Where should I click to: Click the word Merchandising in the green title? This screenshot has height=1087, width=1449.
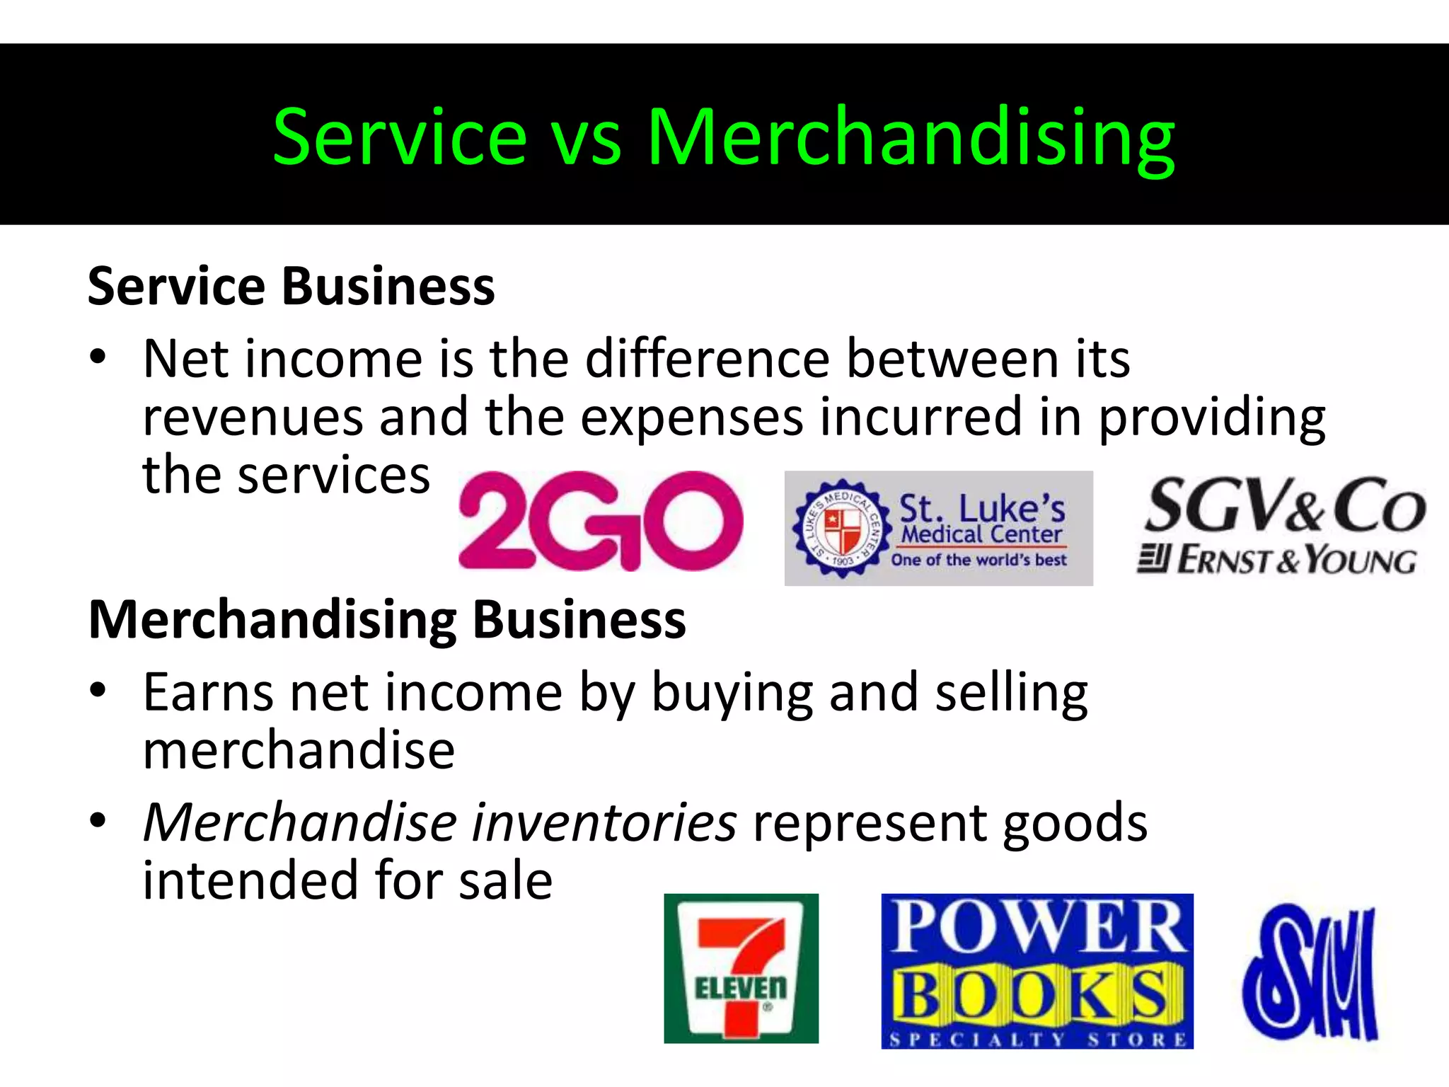(911, 137)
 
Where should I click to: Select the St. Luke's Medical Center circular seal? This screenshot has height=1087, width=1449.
(842, 528)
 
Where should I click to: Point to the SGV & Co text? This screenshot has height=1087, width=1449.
(1285, 505)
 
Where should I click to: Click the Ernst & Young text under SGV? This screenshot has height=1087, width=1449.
(1278, 560)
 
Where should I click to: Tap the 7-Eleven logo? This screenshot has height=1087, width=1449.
(741, 967)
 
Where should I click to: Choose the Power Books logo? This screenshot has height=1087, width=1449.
(1037, 970)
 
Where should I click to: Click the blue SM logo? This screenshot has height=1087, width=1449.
(1310, 972)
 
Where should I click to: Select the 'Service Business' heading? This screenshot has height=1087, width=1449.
(291, 287)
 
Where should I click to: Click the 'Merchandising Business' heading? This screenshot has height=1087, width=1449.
(387, 620)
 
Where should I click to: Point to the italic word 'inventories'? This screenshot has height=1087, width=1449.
(604, 822)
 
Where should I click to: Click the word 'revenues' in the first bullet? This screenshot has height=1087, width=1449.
(252, 418)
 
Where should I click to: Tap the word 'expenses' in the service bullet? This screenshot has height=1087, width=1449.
(692, 418)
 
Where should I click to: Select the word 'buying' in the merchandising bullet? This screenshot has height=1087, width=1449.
(732, 693)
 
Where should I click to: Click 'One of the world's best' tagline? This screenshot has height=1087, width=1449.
(978, 560)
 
